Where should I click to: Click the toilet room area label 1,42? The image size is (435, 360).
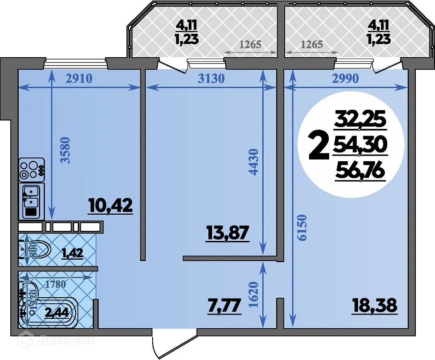point(72,254)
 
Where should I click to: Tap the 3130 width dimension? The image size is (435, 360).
point(211,78)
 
